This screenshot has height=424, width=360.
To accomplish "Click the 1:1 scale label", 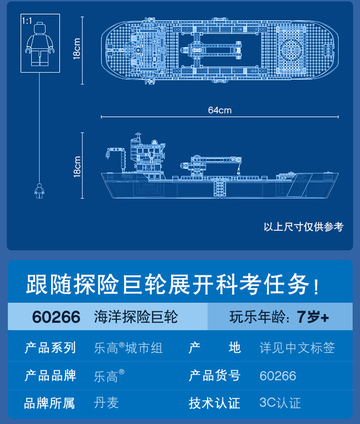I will pyautogui.click(x=27, y=21).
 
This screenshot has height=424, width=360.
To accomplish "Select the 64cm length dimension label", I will pyautogui.click(x=220, y=110).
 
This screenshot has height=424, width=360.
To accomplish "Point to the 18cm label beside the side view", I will pyautogui.click(x=78, y=166).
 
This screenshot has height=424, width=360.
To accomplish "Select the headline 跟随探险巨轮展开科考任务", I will pyautogui.click(x=173, y=284).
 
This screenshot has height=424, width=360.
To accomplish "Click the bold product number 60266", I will pyautogui.click(x=56, y=317).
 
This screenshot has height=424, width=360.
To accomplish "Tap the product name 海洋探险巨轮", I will pyautogui.click(x=136, y=317).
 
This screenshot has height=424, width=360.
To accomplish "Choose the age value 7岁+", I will pyautogui.click(x=313, y=317).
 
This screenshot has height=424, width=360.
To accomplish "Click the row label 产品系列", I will pyautogui.click(x=50, y=348).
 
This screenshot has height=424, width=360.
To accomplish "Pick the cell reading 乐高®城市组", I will pyautogui.click(x=128, y=348).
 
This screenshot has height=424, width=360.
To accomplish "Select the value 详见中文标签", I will pyautogui.click(x=297, y=348).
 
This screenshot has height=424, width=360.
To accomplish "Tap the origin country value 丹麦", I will pyautogui.click(x=106, y=403).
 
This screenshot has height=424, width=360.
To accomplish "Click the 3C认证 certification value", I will pyautogui.click(x=280, y=403).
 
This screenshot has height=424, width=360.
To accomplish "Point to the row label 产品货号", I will pyautogui.click(x=215, y=376).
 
